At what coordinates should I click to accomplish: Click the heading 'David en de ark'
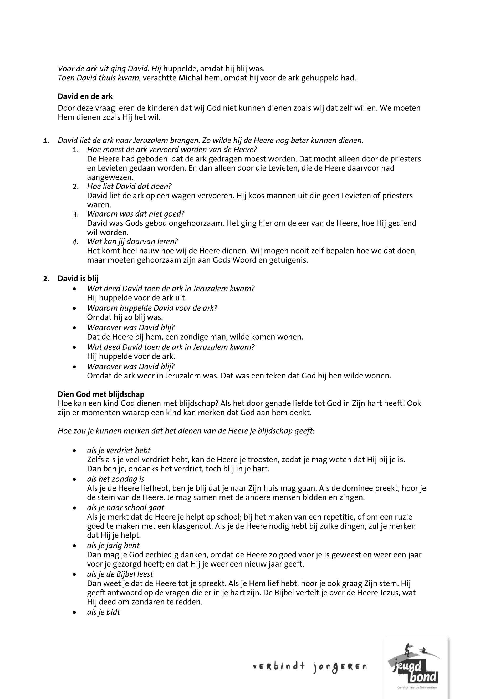[85, 96]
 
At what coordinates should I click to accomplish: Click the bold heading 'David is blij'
[78, 279]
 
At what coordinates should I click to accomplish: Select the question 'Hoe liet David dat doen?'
[129, 186]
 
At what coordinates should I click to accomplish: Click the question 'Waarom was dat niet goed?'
[136, 214]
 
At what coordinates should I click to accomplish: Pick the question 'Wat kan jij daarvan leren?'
[132, 241]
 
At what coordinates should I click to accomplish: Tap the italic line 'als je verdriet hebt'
[119, 450]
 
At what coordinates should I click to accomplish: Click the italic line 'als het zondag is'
[115, 479]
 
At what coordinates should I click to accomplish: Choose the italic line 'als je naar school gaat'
[125, 508]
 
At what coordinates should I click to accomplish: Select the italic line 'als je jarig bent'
[113, 546]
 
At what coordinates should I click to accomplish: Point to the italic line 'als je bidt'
[103, 612]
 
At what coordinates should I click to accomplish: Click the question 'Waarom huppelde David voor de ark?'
[152, 308]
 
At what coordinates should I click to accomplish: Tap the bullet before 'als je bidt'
[74, 613]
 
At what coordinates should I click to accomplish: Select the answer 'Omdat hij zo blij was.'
[125, 317]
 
